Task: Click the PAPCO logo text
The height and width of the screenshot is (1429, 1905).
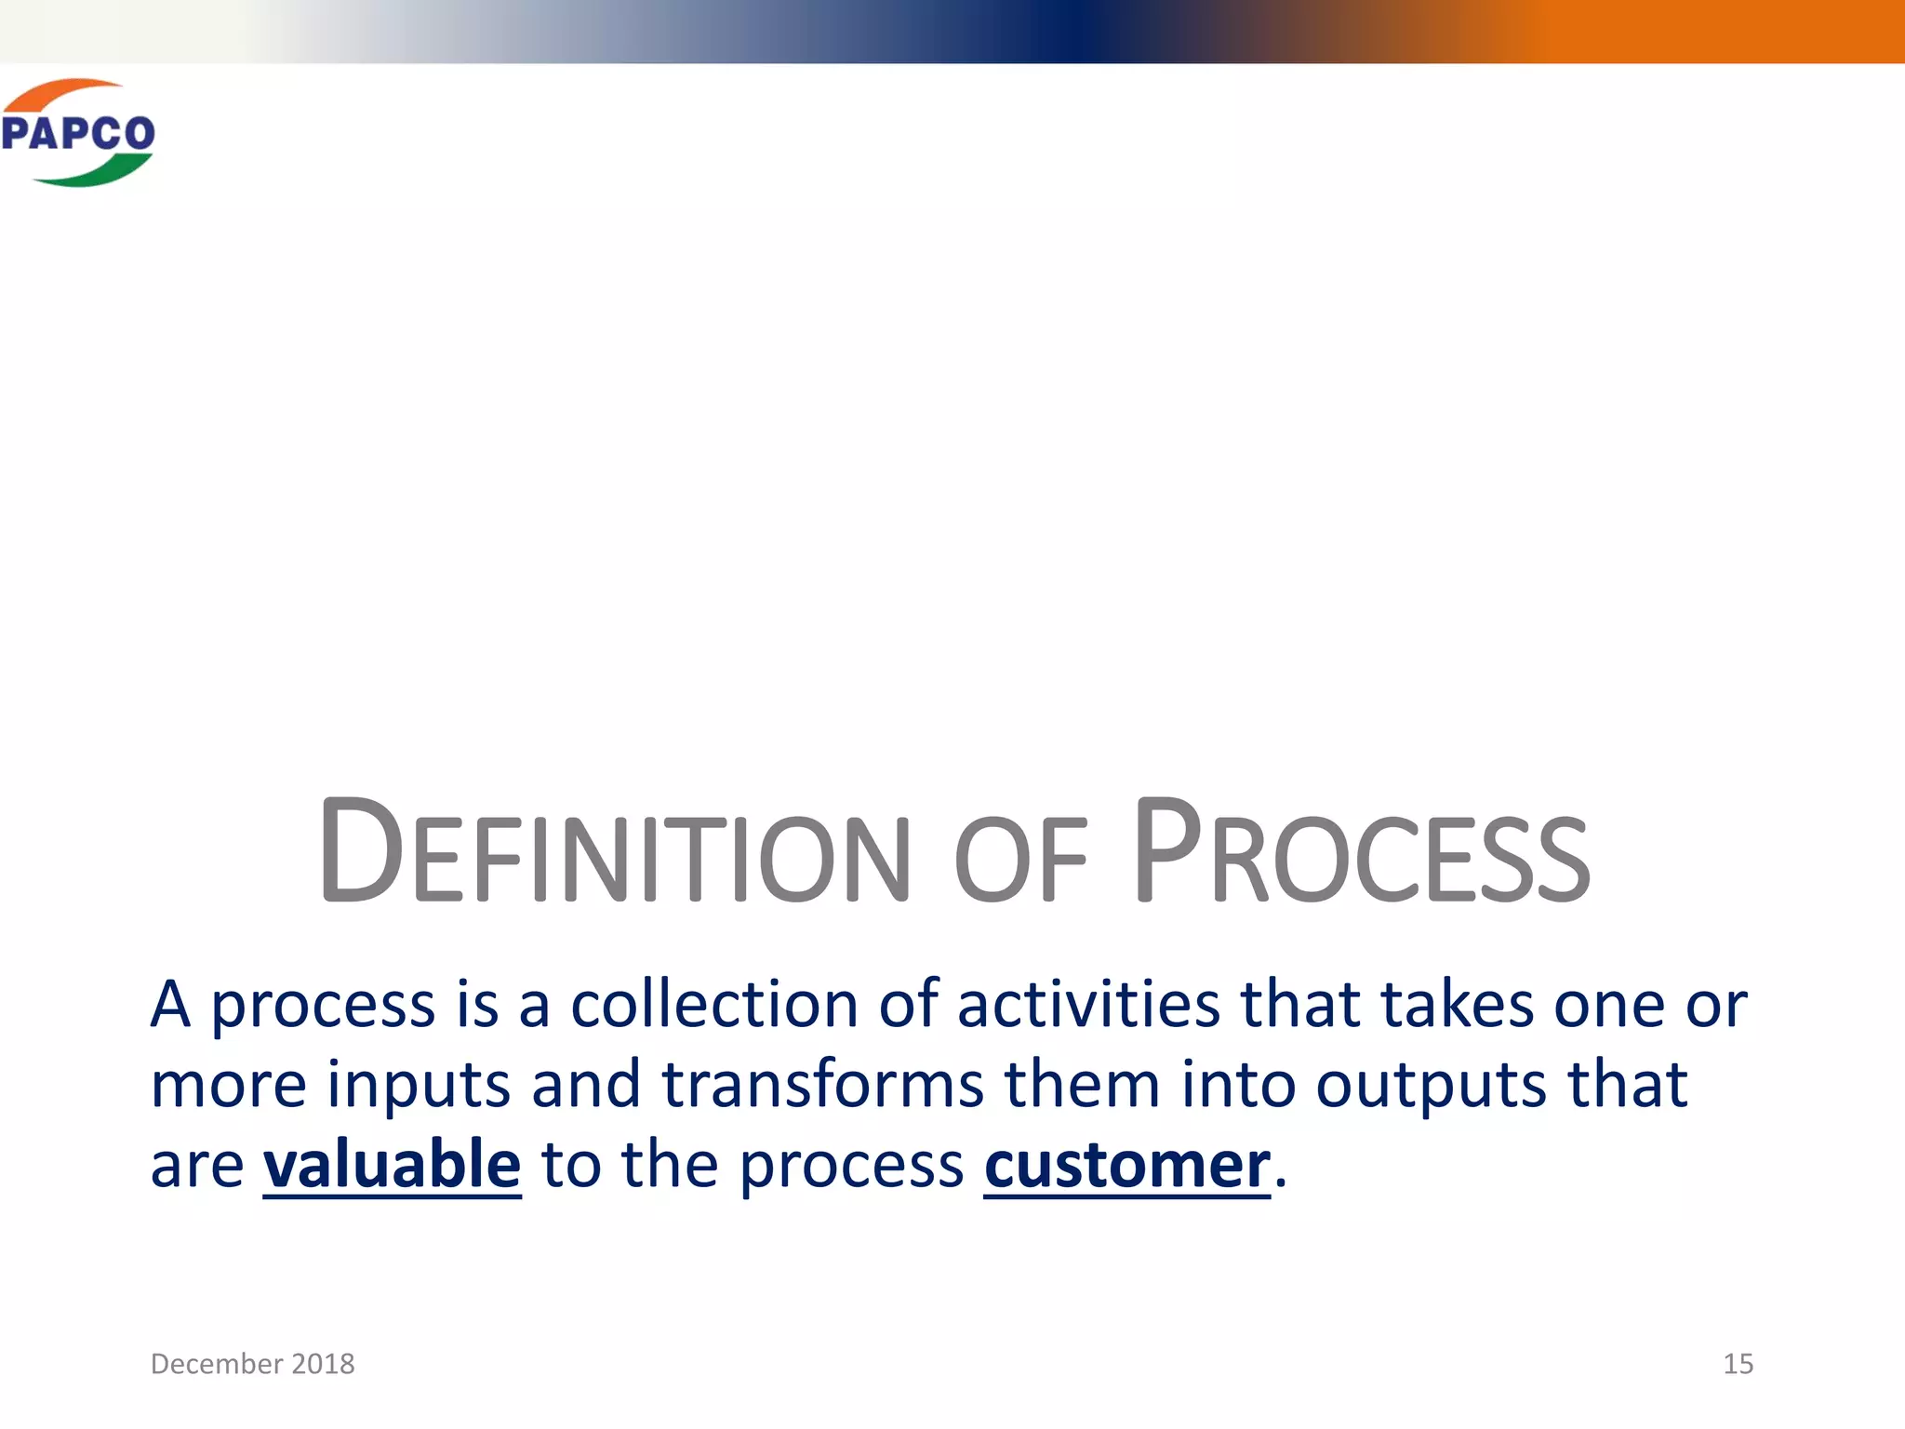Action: click(78, 133)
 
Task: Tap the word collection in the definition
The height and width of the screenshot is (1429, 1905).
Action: click(714, 1005)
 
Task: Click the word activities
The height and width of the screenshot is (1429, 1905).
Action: click(1088, 1005)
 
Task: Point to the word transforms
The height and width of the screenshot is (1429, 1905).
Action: click(822, 1085)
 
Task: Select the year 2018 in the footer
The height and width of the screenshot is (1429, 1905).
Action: click(323, 1364)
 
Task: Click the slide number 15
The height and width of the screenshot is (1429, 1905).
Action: click(1738, 1364)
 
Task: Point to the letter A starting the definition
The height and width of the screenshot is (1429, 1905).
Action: click(170, 1005)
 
